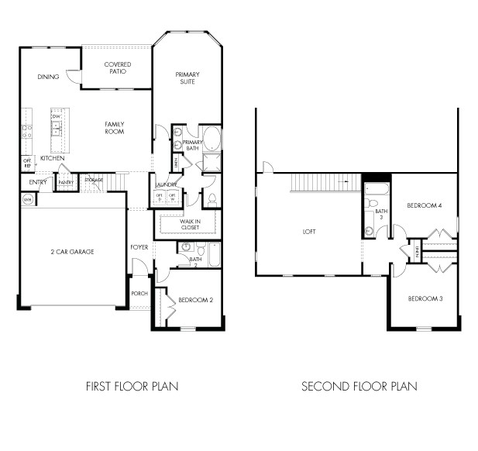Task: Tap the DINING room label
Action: click(x=48, y=77)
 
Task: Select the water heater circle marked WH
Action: click(x=28, y=198)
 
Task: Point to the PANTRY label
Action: click(x=66, y=183)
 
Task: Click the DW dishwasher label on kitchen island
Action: click(x=57, y=116)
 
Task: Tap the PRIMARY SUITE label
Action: click(x=187, y=78)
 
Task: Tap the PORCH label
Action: click(x=139, y=293)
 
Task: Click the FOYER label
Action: click(x=139, y=247)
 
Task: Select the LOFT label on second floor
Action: click(x=309, y=232)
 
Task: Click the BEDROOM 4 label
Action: click(x=425, y=205)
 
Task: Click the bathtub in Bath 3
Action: click(x=376, y=190)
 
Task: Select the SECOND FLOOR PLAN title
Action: click(x=359, y=386)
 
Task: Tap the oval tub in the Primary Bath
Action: click(x=211, y=139)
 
